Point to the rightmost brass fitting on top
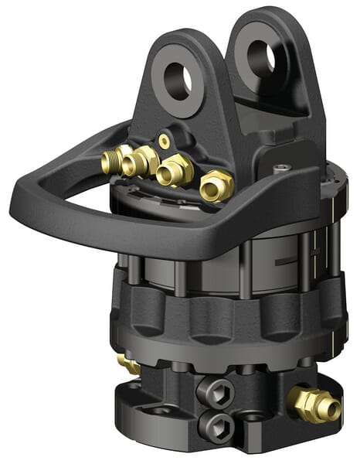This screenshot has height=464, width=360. pos(217,186)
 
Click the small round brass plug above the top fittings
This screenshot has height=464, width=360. pos(164,141)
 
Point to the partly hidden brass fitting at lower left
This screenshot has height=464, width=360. pos(128,364)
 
